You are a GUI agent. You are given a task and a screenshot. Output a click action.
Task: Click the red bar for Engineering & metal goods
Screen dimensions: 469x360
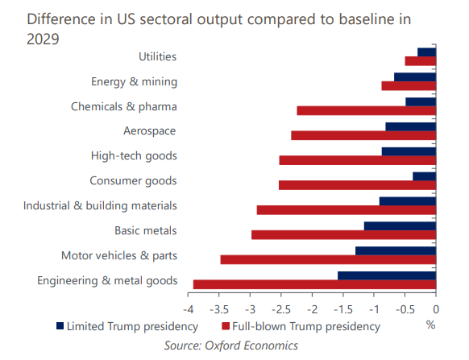tap(314, 284)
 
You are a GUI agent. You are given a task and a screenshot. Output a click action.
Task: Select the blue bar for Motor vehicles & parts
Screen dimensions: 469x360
tap(396, 250)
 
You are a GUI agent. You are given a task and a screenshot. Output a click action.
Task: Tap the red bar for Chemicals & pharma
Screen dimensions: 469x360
tap(367, 110)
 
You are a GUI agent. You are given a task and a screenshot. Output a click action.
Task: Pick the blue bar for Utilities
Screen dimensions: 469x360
tap(427, 52)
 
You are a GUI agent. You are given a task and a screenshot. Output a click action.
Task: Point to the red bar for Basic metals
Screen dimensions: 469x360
tap(343, 234)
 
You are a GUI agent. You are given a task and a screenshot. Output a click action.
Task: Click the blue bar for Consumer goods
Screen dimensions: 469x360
tap(425, 176)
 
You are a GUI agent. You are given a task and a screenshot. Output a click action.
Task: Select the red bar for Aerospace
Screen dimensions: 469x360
tap(363, 135)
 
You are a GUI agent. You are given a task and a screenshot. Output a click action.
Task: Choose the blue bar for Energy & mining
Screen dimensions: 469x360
tap(415, 77)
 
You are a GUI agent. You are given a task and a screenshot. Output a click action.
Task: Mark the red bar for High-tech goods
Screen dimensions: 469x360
tap(358, 160)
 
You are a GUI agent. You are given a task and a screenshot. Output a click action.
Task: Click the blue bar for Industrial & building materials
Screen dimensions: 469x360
tap(408, 201)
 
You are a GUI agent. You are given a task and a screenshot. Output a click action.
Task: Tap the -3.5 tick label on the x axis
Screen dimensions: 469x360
tap(219, 309)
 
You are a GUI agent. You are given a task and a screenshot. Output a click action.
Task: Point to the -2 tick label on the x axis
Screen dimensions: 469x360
tap(312, 309)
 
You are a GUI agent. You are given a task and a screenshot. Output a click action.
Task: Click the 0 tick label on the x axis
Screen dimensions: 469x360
tap(436, 309)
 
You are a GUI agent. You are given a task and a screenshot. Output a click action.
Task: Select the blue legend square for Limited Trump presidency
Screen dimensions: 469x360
tap(60, 326)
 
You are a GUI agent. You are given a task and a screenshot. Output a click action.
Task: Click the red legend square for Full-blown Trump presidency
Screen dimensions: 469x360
tap(226, 326)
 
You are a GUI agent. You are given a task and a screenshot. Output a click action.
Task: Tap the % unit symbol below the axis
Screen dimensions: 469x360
tap(430, 325)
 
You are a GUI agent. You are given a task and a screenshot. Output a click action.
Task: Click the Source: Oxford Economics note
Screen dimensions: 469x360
tap(231, 346)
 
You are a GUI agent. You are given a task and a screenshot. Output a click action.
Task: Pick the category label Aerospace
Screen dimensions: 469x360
tap(150, 131)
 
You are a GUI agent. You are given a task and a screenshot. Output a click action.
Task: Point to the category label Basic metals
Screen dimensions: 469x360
tap(146, 230)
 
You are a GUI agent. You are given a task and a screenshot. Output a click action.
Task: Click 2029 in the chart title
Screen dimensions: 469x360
tap(43, 39)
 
